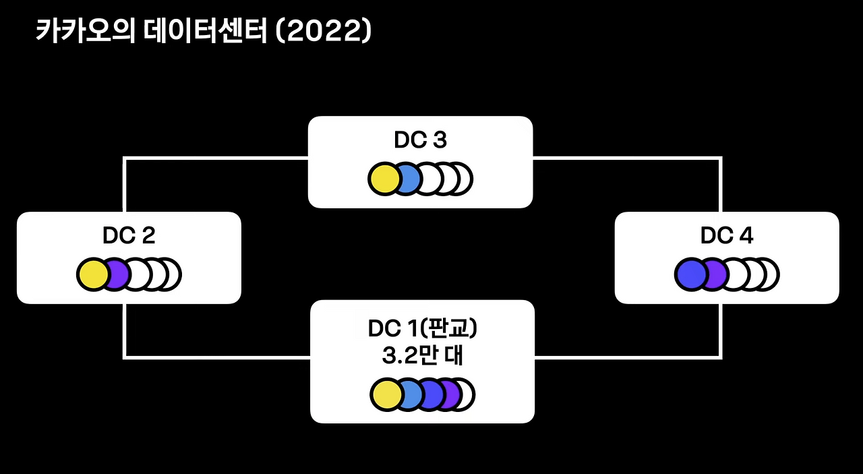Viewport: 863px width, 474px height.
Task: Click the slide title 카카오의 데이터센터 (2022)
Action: pos(203,32)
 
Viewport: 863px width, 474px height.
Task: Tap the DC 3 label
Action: pos(420,140)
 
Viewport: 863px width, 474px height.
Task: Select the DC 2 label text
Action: pos(129,235)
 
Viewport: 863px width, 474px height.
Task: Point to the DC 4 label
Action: pos(727,235)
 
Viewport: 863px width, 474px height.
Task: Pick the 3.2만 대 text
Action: pos(422,356)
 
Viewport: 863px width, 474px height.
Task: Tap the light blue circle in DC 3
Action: pos(405,179)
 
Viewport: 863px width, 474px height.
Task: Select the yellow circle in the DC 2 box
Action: pos(92,275)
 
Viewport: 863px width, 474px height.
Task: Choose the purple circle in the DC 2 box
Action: pos(116,275)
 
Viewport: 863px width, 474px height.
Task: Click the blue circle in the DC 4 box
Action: pos(690,275)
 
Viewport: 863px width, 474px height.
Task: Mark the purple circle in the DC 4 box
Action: pos(714,275)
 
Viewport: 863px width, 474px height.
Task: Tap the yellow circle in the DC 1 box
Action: pos(386,395)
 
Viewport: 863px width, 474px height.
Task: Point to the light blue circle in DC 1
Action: pos(407,395)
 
